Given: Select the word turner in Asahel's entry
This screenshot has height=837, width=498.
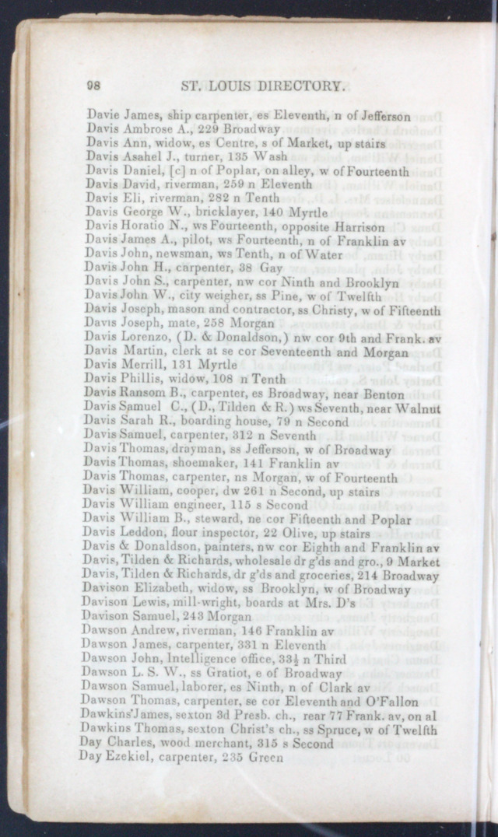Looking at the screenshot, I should tap(187, 157).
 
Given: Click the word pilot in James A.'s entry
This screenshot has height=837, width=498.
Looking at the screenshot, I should tap(188, 241).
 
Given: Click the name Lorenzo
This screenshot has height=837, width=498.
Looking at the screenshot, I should tap(142, 338).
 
